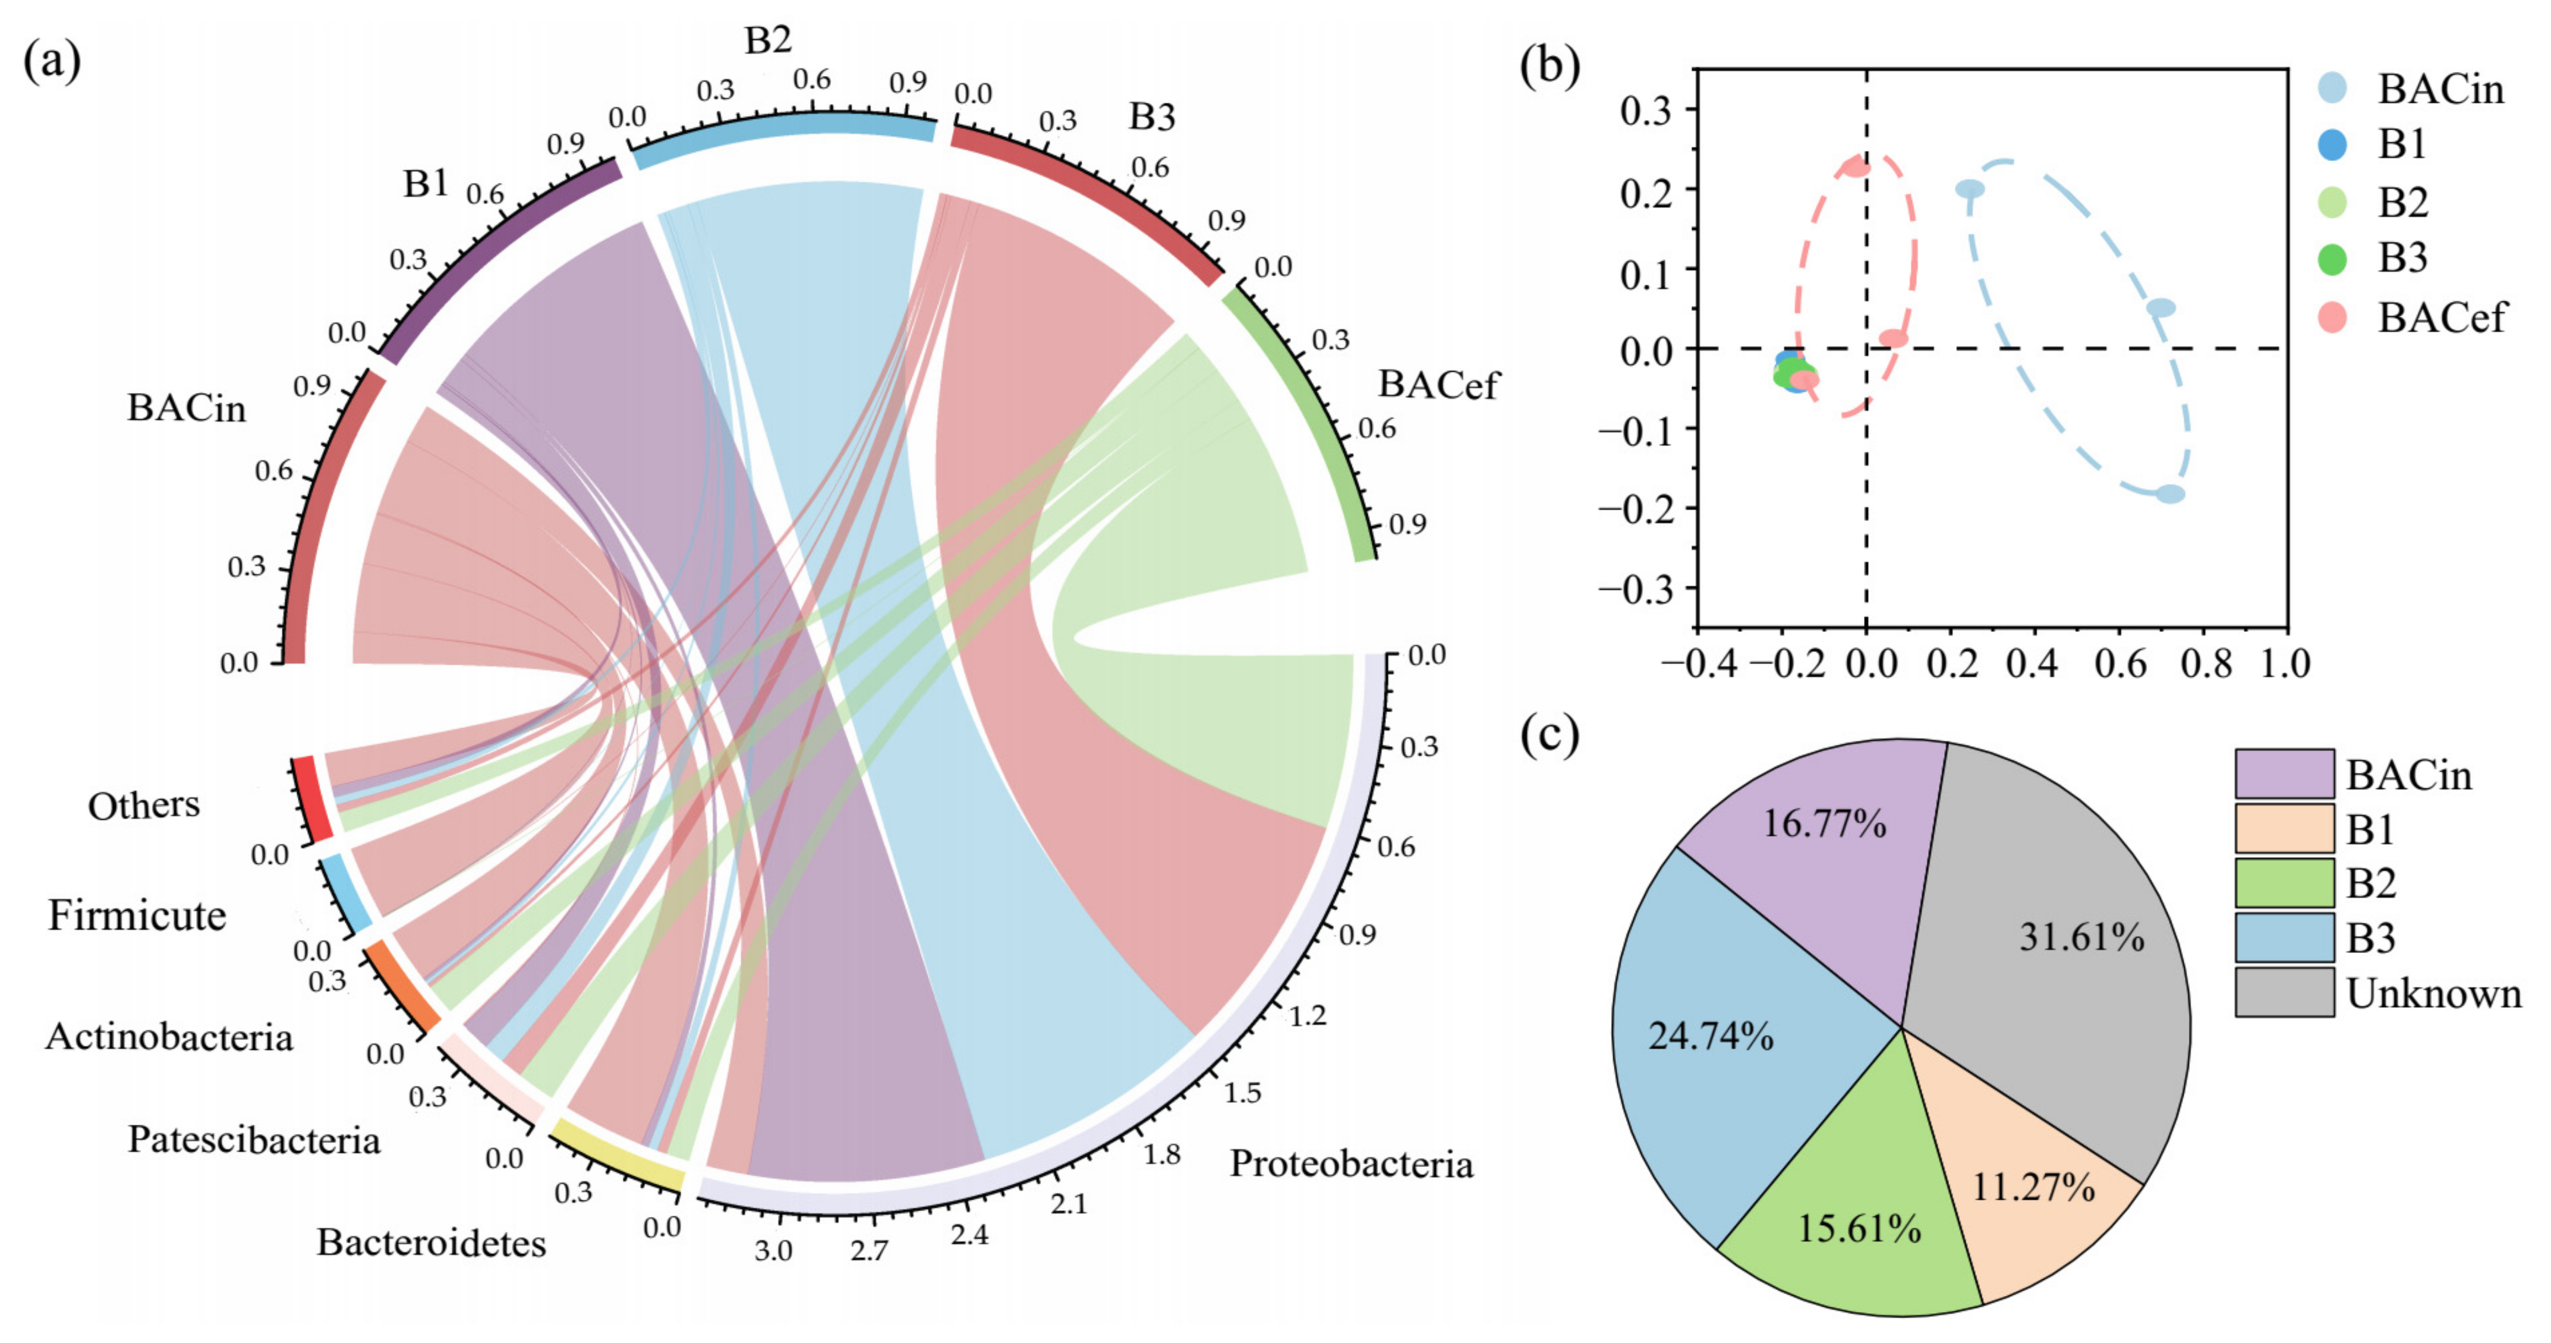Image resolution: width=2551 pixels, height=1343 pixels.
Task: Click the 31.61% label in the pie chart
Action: [2081, 937]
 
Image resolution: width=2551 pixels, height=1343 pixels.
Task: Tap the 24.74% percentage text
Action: [1710, 1036]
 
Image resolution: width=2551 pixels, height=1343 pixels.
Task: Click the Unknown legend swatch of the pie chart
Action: [2284, 992]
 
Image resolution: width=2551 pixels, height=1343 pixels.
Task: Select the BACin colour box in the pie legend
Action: [2284, 773]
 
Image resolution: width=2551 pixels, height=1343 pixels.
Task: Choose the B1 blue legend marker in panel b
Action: [2332, 144]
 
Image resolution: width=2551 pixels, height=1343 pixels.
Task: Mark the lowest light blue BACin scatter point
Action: [2170, 493]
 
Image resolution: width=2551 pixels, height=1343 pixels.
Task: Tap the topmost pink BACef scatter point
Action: [1855, 168]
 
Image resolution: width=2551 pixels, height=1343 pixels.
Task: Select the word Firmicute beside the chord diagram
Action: [137, 915]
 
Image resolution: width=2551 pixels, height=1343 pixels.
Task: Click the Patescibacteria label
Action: [254, 1140]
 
